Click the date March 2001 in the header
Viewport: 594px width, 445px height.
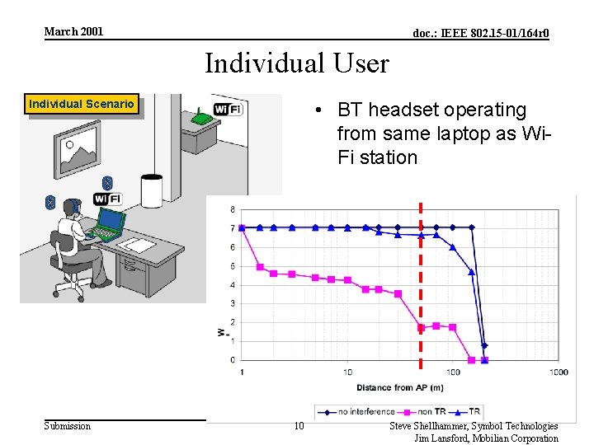coord(73,31)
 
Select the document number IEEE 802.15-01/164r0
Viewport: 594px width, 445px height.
coord(480,33)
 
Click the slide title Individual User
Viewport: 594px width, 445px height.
coord(296,63)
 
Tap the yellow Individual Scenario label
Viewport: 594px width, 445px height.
coord(81,104)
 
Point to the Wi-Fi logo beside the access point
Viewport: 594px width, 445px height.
coord(228,110)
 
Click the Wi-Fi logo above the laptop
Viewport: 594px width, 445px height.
coord(107,199)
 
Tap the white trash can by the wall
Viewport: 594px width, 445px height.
coord(151,191)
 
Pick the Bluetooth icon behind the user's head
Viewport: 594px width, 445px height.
coord(50,202)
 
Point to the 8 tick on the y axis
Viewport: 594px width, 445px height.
coord(232,208)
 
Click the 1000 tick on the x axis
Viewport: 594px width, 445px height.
coord(559,372)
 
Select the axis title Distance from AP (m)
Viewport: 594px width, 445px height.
coord(400,387)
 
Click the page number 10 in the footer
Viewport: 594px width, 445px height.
coord(299,426)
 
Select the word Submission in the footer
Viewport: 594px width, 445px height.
coord(67,426)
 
